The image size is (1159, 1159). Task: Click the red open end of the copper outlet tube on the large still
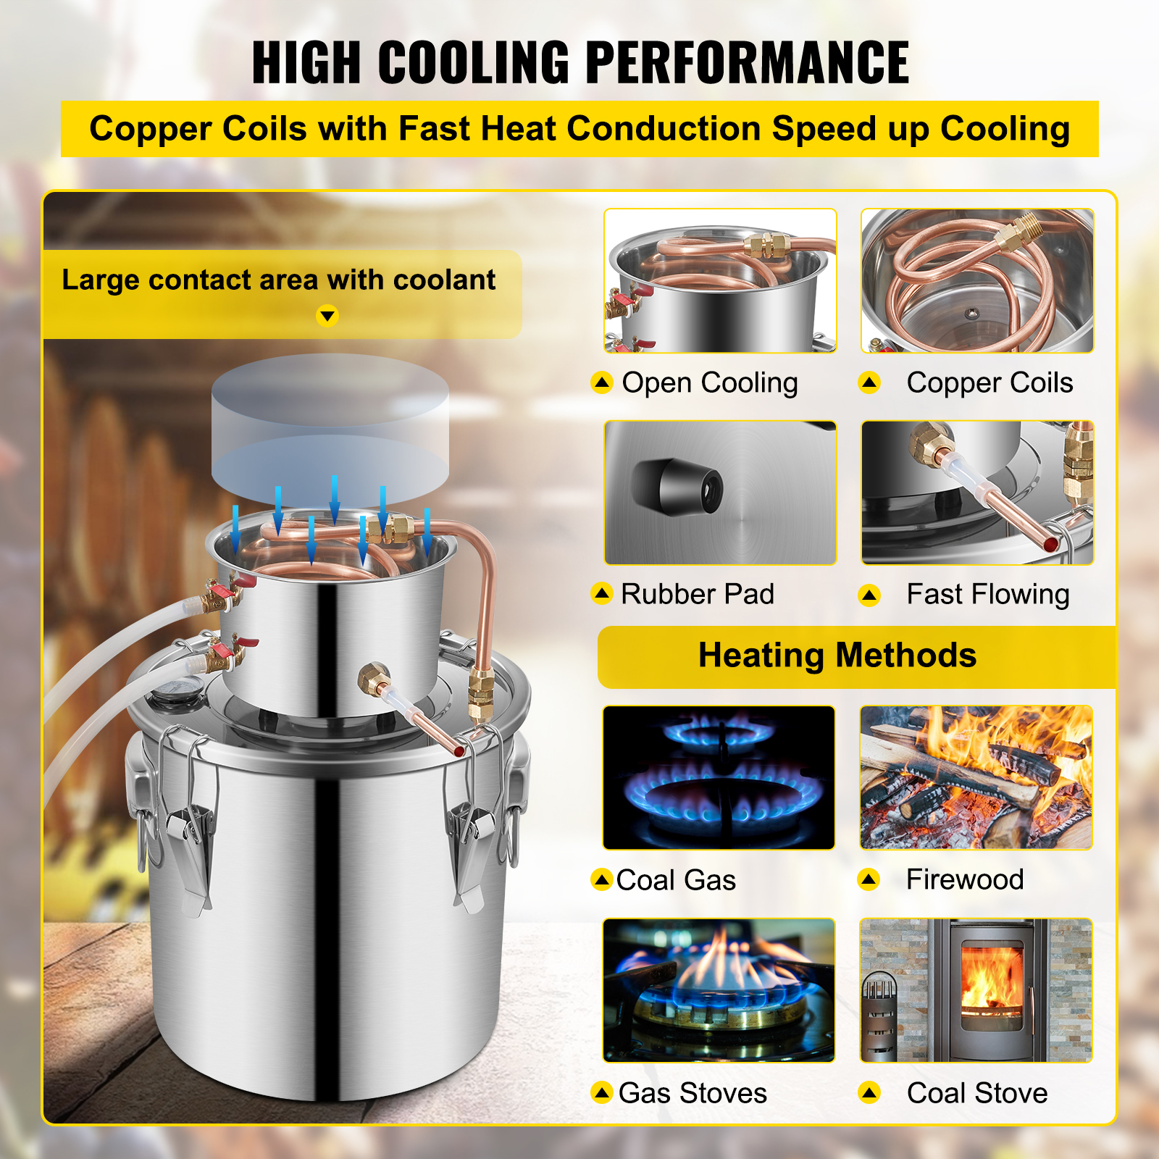coord(459,750)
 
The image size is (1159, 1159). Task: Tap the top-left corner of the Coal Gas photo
coord(603,706)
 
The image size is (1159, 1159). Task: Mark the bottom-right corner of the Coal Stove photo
coord(1092,1063)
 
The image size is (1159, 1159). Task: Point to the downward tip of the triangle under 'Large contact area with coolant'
coord(327,321)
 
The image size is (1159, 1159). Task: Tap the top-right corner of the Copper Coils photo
coord(1093,209)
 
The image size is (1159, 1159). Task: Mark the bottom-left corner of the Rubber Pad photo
coord(605,564)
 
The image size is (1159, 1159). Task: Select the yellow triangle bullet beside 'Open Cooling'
coord(602,382)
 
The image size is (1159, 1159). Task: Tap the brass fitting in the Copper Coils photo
coord(1017,232)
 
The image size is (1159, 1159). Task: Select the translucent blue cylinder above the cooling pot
coord(330,430)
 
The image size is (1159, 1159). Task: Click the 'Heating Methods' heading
coord(837,656)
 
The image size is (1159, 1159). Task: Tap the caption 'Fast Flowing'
coord(988,595)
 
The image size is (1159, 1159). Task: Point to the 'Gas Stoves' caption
coord(693,1092)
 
